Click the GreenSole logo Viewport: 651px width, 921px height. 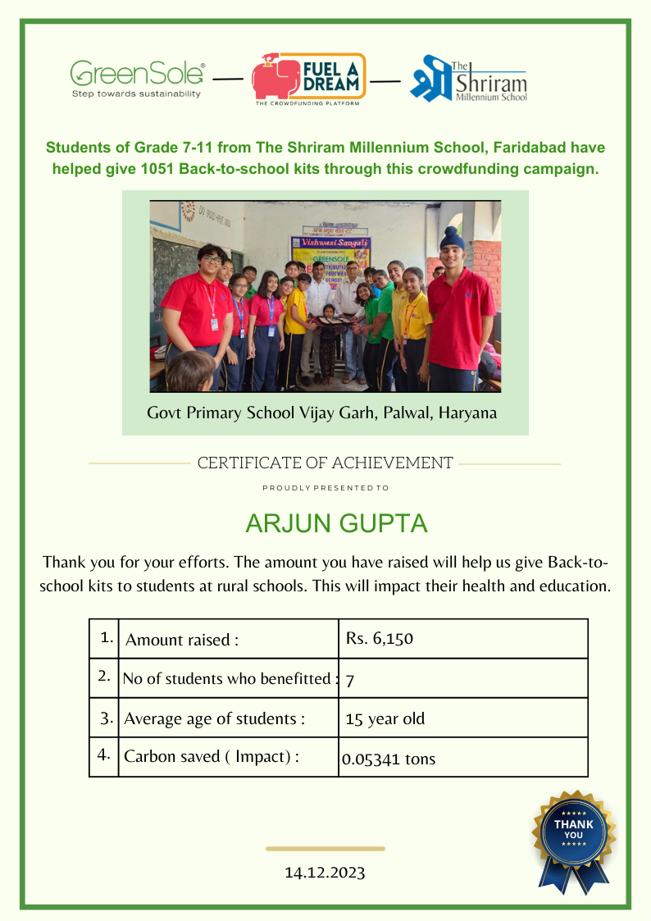(x=137, y=79)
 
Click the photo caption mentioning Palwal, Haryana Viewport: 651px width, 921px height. (x=322, y=413)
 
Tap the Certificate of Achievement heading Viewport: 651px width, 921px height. (x=325, y=463)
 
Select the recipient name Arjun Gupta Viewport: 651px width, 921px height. (x=325, y=523)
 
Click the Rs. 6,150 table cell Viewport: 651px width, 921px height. (x=462, y=638)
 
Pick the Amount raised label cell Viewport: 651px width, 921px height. (x=227, y=640)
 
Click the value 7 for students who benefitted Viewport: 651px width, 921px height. (x=350, y=680)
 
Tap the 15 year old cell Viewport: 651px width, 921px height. (x=385, y=719)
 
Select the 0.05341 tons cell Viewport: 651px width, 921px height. (x=389, y=759)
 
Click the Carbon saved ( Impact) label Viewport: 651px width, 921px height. (x=211, y=756)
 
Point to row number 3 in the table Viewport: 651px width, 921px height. (x=107, y=718)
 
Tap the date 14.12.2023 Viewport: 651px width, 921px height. (x=325, y=872)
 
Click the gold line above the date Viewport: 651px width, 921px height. (x=325, y=849)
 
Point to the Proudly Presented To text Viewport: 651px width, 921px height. (x=325, y=488)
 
